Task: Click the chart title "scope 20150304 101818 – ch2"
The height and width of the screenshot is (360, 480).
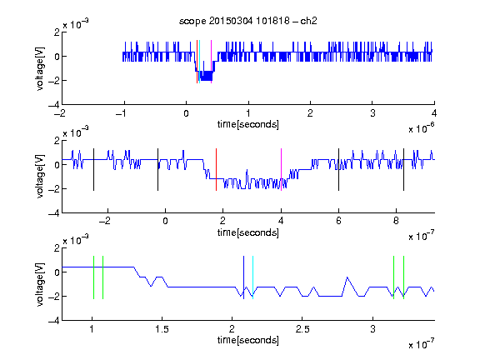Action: coord(248,21)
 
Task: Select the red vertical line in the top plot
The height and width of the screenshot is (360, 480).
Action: coord(197,62)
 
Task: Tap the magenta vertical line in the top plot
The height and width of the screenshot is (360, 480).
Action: coord(211,62)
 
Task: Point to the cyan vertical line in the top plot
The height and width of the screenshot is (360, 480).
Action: coord(199,62)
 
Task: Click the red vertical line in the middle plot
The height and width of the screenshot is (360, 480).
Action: coord(216,170)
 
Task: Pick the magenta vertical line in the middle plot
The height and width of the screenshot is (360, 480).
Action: coord(281,170)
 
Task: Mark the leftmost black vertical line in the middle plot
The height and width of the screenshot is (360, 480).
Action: coord(93,170)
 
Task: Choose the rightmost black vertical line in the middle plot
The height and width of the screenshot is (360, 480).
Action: coord(403,170)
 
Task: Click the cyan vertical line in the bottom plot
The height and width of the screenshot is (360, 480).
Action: coord(252,277)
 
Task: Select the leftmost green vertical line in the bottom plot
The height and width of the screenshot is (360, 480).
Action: coord(93,277)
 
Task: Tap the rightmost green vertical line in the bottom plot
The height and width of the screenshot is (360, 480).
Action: coord(404,277)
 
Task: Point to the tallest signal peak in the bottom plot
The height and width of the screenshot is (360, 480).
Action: coord(347,277)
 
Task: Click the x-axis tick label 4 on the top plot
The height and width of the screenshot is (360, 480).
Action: coord(434,113)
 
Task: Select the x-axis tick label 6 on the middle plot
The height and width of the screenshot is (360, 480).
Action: coord(338,221)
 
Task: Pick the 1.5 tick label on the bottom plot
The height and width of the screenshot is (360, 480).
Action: coord(162,329)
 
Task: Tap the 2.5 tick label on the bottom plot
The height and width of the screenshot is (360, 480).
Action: coord(302,329)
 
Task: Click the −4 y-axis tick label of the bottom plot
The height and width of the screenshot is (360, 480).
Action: coord(54,321)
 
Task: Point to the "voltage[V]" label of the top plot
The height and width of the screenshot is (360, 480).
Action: coord(40,68)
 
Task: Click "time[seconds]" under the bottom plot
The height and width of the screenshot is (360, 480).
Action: coord(248,340)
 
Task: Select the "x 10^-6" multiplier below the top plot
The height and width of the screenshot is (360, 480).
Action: coord(422,128)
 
